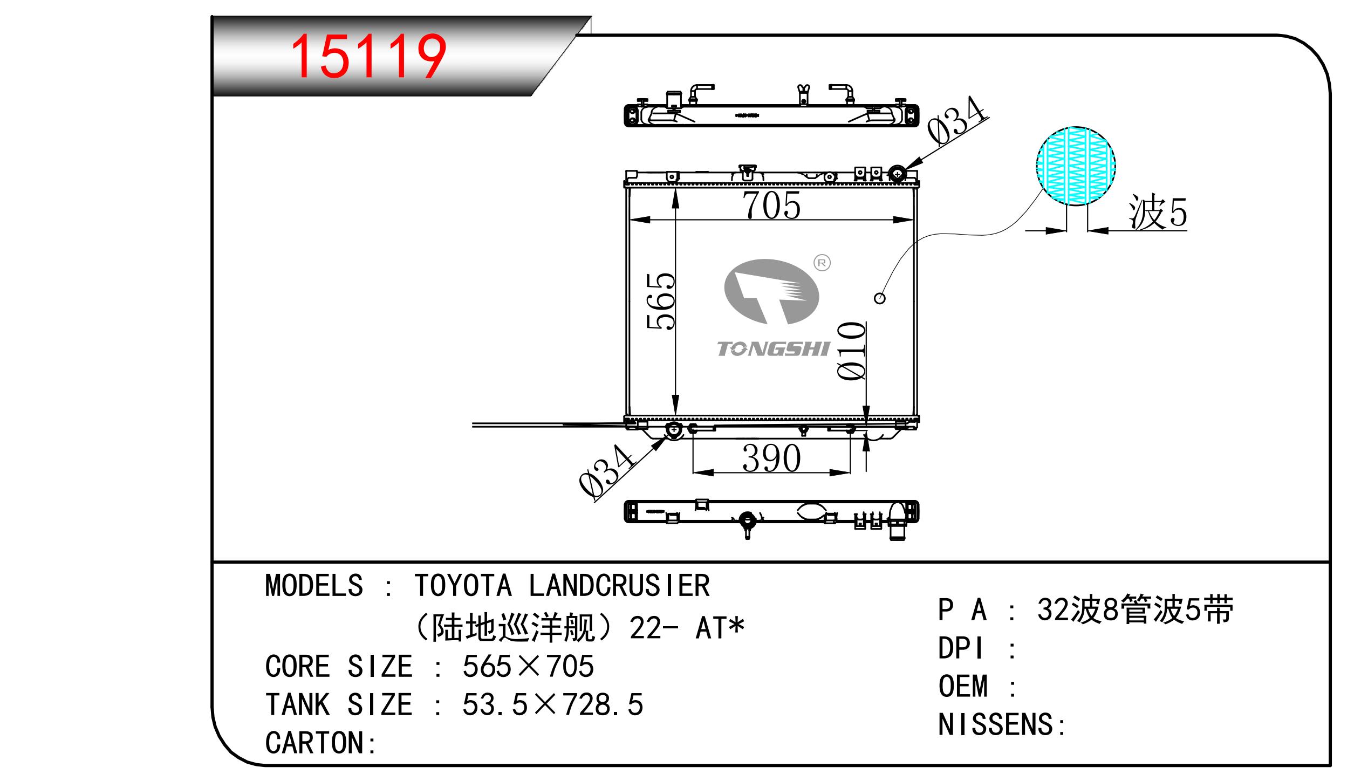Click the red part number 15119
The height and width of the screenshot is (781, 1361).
pos(368,56)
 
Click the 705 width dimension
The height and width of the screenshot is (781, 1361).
pos(771,205)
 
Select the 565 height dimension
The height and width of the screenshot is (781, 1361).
pos(661,300)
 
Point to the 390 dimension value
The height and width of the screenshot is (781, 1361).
pos(771,458)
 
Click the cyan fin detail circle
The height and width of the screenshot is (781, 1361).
pos(1076,166)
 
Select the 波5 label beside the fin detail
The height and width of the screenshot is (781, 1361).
pos(1158,212)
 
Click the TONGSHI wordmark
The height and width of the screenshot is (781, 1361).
pos(773,349)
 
